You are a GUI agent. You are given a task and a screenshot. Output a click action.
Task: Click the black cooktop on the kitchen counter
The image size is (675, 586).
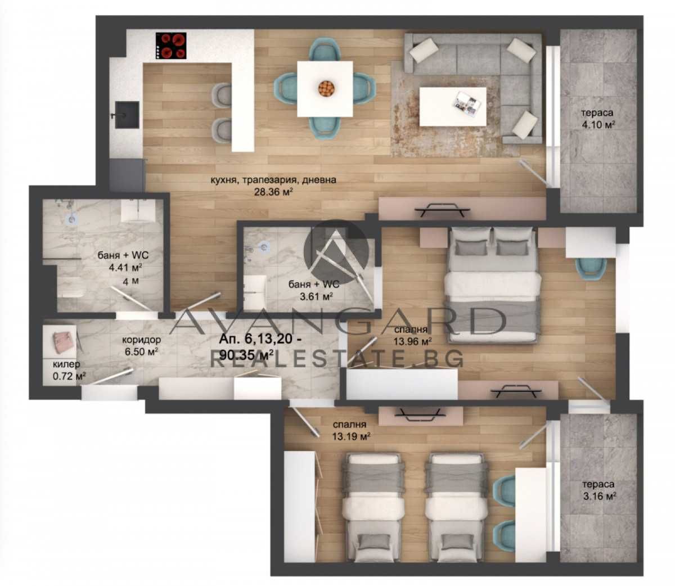tap(171, 46)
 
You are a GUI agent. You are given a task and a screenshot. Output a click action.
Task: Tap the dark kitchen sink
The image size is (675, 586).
tap(127, 115)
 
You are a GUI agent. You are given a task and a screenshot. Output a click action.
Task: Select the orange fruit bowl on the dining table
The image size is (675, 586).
tap(326, 89)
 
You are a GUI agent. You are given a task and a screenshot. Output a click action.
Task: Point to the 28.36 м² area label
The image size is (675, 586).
tap(273, 192)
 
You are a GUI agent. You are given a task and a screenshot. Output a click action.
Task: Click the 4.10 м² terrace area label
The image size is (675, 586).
tap(597, 125)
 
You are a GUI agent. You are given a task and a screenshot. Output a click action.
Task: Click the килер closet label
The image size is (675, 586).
tap(66, 364)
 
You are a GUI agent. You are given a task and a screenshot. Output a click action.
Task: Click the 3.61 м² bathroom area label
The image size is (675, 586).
tap(316, 296)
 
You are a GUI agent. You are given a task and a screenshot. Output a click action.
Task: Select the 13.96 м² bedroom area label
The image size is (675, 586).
tap(413, 341)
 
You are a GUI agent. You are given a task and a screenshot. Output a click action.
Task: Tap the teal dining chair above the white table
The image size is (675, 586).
tap(325, 49)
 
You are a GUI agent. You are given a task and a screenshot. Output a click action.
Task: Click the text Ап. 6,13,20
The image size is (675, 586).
tap(260, 339)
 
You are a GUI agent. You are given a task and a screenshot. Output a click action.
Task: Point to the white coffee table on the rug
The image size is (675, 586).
tap(453, 106)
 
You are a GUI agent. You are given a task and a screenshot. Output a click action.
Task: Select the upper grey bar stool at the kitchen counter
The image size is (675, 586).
tap(221, 95)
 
